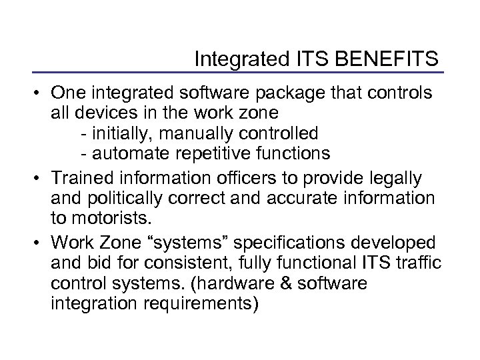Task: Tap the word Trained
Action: point(83,178)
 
